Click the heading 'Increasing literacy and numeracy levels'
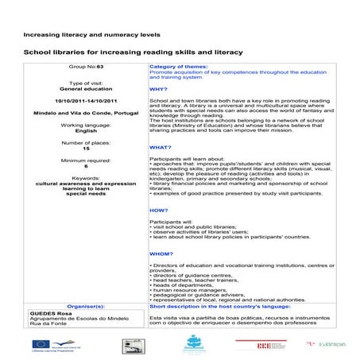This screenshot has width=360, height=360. coord(92,35)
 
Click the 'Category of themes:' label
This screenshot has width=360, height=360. coord(179,68)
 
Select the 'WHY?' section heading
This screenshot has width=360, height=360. coord(158,89)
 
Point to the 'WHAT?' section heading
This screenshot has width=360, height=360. coord(160,147)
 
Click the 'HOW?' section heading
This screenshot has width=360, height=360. coord(158,211)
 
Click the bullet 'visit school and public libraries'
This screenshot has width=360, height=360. coord(195,226)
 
